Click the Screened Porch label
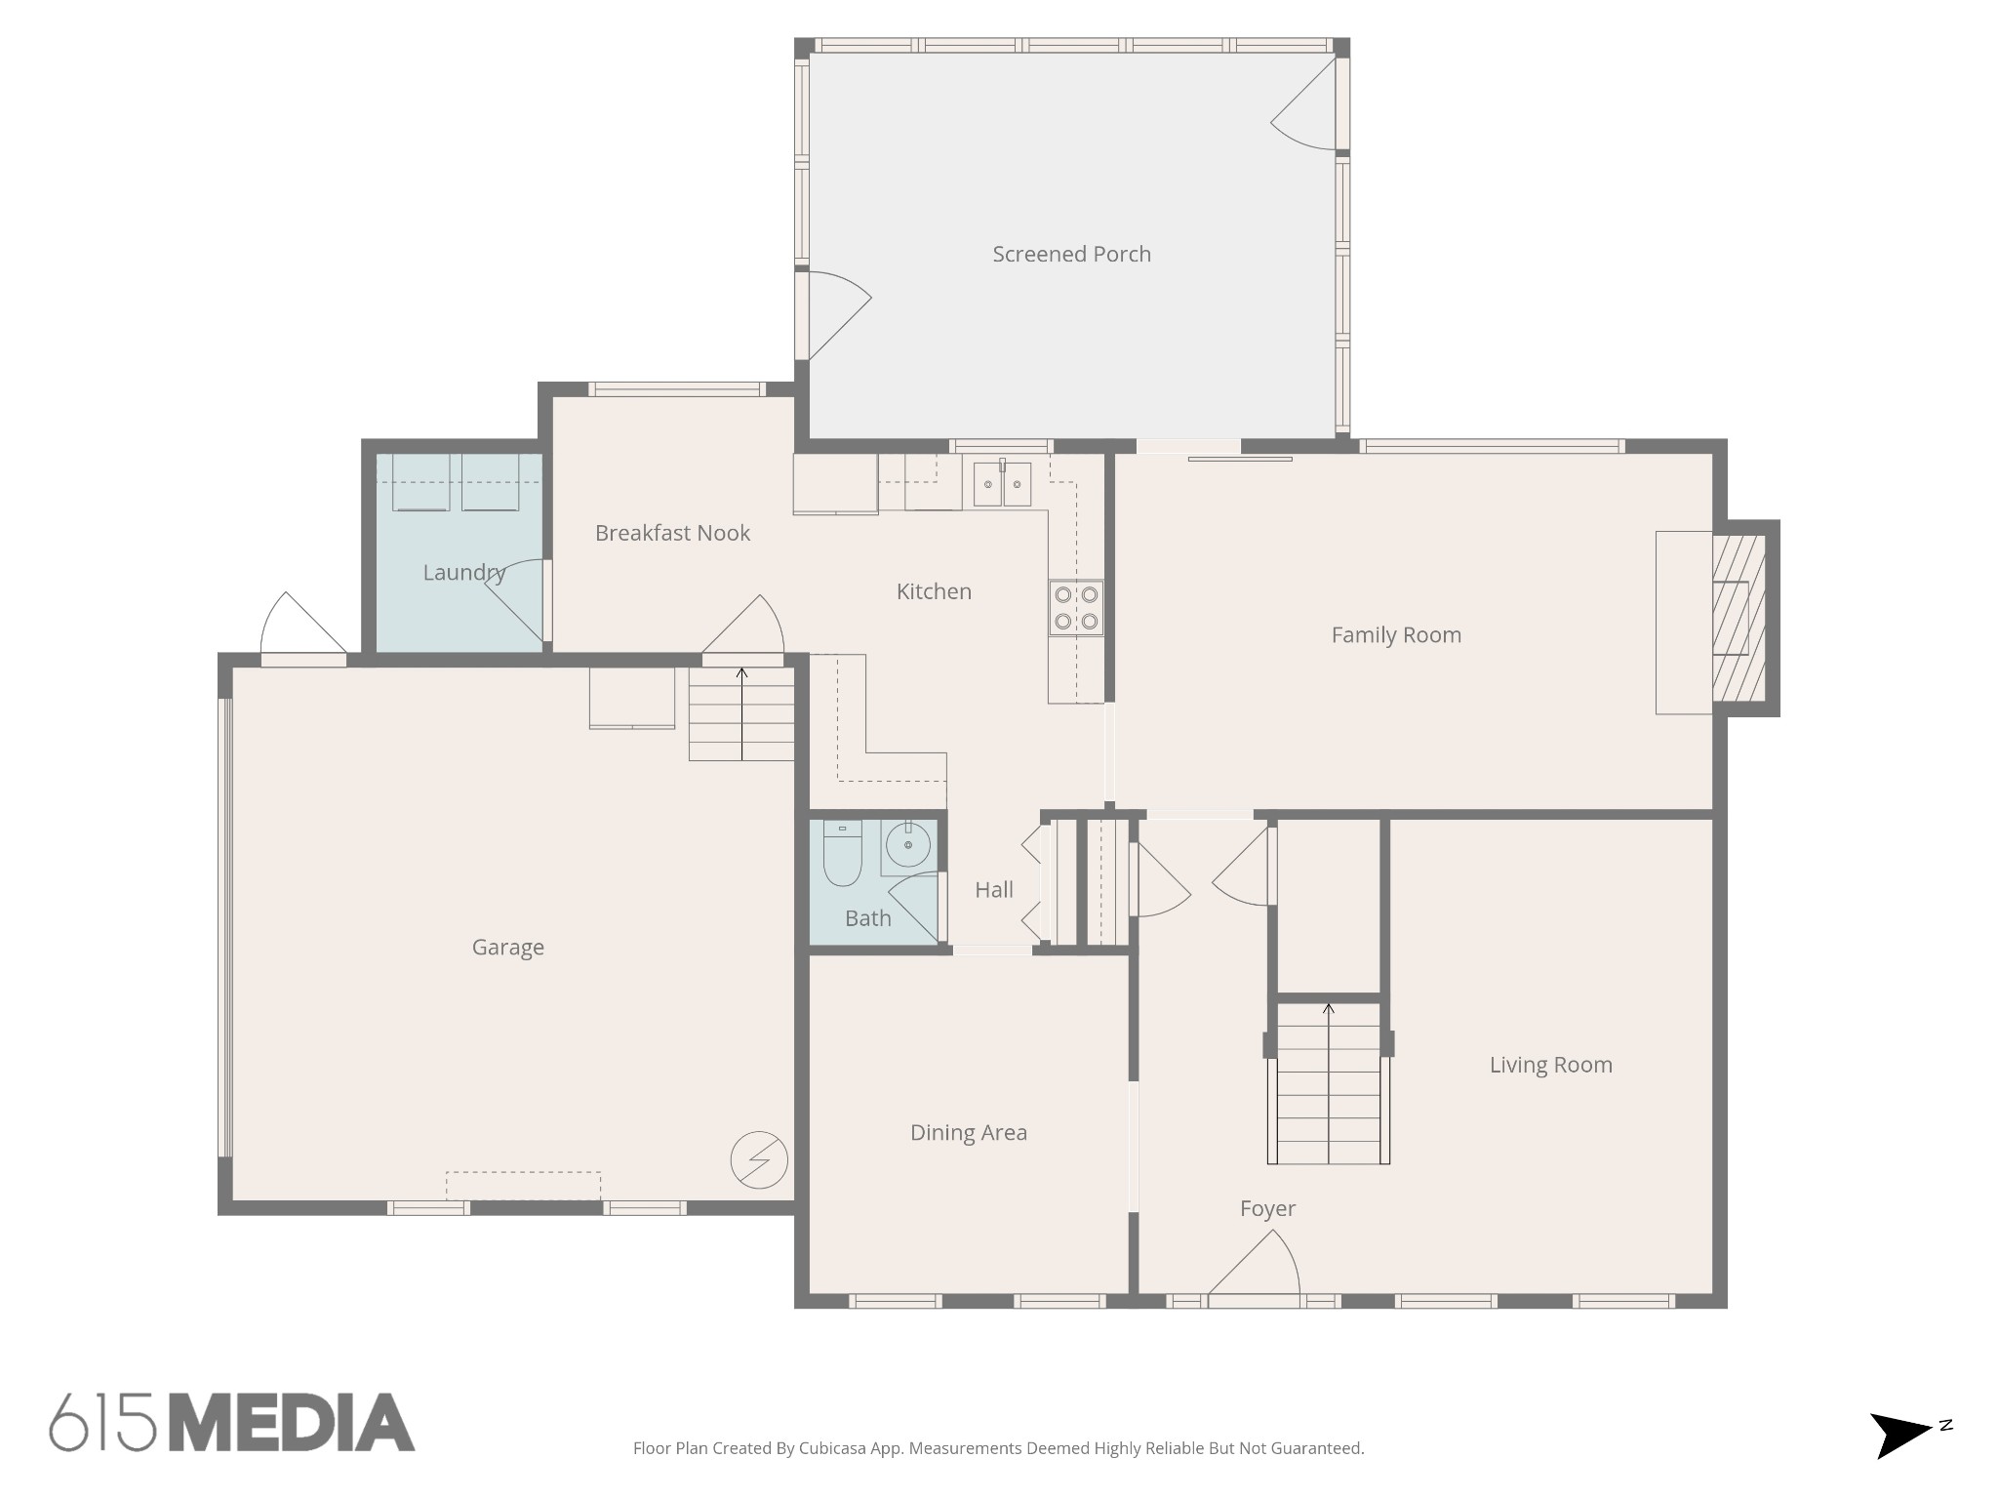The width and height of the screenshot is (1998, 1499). click(1071, 254)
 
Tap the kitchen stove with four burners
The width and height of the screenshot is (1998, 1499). click(1076, 608)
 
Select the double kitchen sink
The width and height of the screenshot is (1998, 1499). click(1002, 484)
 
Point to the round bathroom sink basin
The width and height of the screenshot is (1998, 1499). click(908, 845)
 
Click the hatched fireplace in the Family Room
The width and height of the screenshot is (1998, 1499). click(1738, 618)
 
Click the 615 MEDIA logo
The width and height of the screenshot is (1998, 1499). click(232, 1423)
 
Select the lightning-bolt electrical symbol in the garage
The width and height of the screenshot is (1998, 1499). click(759, 1160)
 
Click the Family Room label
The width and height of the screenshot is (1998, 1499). click(1396, 635)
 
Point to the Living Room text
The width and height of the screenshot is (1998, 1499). click(1550, 1065)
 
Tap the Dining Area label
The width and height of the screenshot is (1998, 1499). click(968, 1132)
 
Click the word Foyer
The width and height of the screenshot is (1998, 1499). click(1267, 1208)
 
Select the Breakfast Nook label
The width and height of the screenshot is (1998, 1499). click(672, 533)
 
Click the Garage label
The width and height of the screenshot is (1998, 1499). click(507, 947)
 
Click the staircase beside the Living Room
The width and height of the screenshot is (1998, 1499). click(1328, 1083)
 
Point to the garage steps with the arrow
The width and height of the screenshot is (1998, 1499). click(741, 712)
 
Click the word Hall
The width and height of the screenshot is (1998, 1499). click(994, 889)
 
